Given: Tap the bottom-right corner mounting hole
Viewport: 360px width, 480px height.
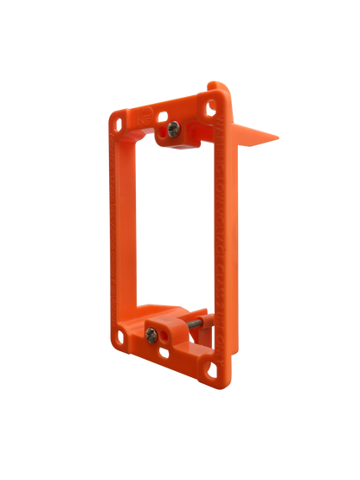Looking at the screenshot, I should coord(206,374).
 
